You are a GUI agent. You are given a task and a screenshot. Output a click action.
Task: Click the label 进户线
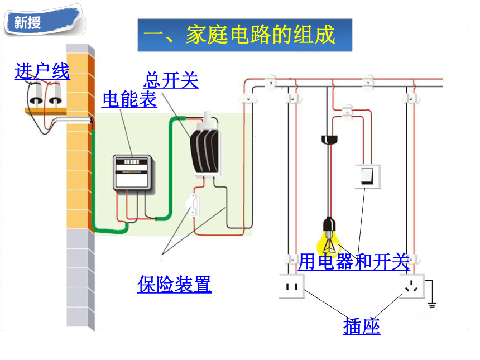[x=42, y=71]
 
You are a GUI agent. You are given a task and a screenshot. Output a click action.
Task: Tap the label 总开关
[x=171, y=80]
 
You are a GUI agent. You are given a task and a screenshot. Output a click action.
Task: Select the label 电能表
[x=129, y=99]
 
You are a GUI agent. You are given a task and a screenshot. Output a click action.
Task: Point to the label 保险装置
[x=175, y=285]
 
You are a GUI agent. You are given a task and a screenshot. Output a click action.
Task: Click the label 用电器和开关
[x=354, y=262]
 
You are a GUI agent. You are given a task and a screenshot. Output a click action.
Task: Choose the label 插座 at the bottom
[x=362, y=326]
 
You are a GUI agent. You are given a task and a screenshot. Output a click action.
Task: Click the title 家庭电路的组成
[x=260, y=35]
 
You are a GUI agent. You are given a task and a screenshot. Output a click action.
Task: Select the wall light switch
[x=368, y=176]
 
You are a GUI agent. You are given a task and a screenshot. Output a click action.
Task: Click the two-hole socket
[x=292, y=286]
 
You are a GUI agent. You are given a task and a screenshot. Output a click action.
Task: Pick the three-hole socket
[x=412, y=286]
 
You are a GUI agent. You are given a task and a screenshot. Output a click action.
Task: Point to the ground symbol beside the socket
[x=432, y=305]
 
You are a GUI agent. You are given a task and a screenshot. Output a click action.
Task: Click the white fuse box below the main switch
[x=193, y=205]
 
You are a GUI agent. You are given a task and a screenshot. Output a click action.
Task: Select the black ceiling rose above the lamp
[x=329, y=140]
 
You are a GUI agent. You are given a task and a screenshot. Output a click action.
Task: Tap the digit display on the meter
[x=132, y=162]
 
